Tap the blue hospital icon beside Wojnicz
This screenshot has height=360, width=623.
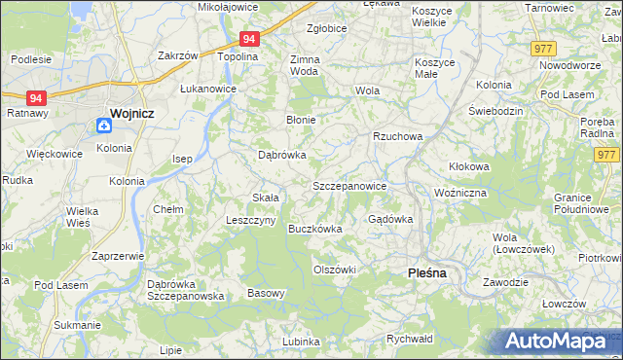click(x=103, y=125)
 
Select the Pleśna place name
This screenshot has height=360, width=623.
click(x=425, y=273)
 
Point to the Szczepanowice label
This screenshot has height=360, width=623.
click(x=349, y=185)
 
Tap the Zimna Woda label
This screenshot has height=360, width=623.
click(x=305, y=65)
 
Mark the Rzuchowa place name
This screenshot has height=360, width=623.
click(x=397, y=136)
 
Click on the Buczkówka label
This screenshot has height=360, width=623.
click(x=314, y=229)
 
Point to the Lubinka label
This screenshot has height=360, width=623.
click(x=301, y=342)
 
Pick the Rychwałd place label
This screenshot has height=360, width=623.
click(x=409, y=339)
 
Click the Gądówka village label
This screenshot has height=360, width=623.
click(x=390, y=219)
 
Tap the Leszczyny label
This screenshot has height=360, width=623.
click(x=248, y=220)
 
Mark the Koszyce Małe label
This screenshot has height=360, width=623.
click(x=434, y=67)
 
